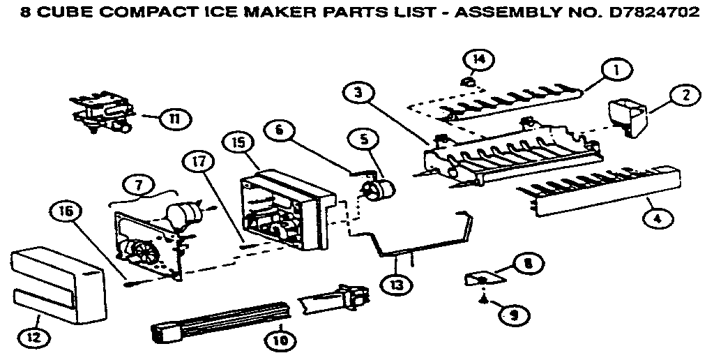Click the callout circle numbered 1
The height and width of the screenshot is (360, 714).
616,69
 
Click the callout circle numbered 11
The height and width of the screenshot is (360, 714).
169,119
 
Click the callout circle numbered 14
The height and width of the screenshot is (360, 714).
477,59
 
